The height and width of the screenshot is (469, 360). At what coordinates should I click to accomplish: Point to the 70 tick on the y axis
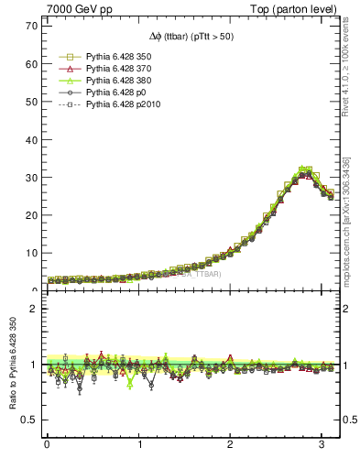30,26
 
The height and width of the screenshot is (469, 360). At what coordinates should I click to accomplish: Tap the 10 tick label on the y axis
30,253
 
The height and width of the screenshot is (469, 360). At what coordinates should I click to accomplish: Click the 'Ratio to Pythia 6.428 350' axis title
11,366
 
